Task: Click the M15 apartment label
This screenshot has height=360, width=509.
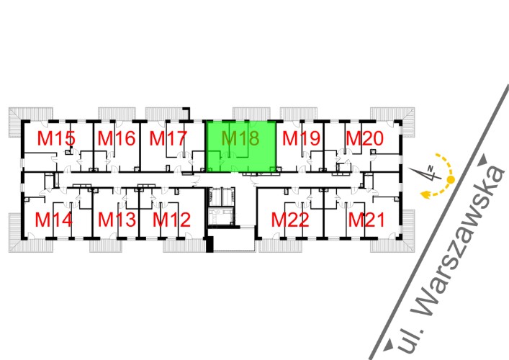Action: pyautogui.click(x=57, y=138)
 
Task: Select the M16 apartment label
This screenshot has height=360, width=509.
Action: pyautogui.click(x=117, y=138)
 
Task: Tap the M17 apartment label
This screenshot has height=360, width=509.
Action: pyautogui.click(x=168, y=138)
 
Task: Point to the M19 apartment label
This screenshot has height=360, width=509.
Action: pyautogui.click(x=300, y=138)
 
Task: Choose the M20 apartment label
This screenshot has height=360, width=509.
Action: pyautogui.click(x=364, y=138)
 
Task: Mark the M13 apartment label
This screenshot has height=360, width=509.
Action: pyautogui.click(x=117, y=219)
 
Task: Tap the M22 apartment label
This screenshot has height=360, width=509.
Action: pyautogui.click(x=290, y=219)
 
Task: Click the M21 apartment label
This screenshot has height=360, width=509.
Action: pyautogui.click(x=366, y=219)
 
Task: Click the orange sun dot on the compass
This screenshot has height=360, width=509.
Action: pyautogui.click(x=451, y=179)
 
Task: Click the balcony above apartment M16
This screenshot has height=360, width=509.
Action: pyautogui.click(x=116, y=114)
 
